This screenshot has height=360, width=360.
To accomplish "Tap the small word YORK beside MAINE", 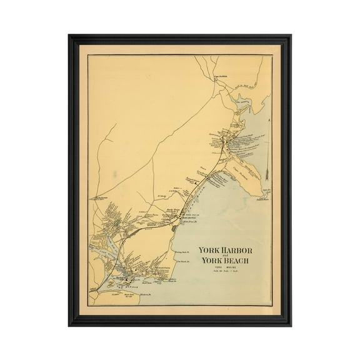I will click(x=211, y=268).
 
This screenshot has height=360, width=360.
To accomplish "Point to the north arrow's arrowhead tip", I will click(x=266, y=118).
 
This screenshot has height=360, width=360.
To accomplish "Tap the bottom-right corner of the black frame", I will click(x=291, y=325).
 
